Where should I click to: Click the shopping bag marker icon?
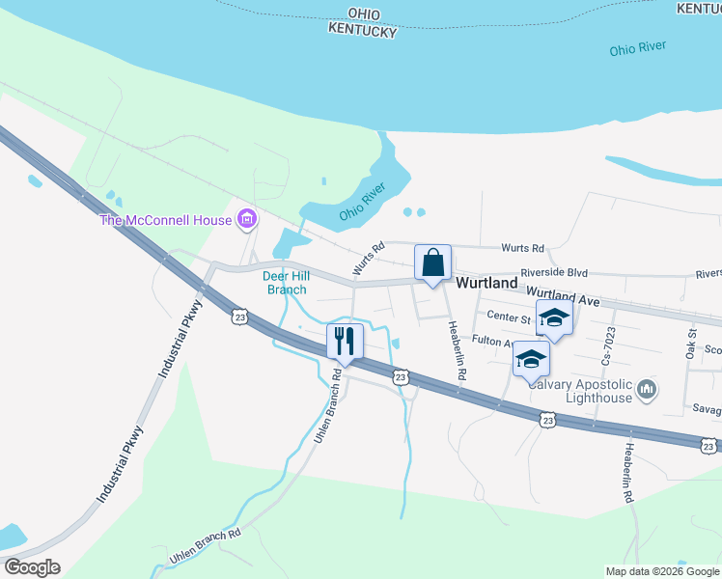[433, 262]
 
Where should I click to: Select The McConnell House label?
[167, 220]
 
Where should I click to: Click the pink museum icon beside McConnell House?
[246, 220]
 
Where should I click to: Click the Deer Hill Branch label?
[285, 283]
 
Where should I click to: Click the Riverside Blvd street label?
[554, 274]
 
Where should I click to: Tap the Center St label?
[509, 317]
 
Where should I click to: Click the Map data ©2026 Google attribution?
[663, 571]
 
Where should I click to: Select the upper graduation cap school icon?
[554, 318]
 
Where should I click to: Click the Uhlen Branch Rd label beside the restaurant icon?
[327, 405]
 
